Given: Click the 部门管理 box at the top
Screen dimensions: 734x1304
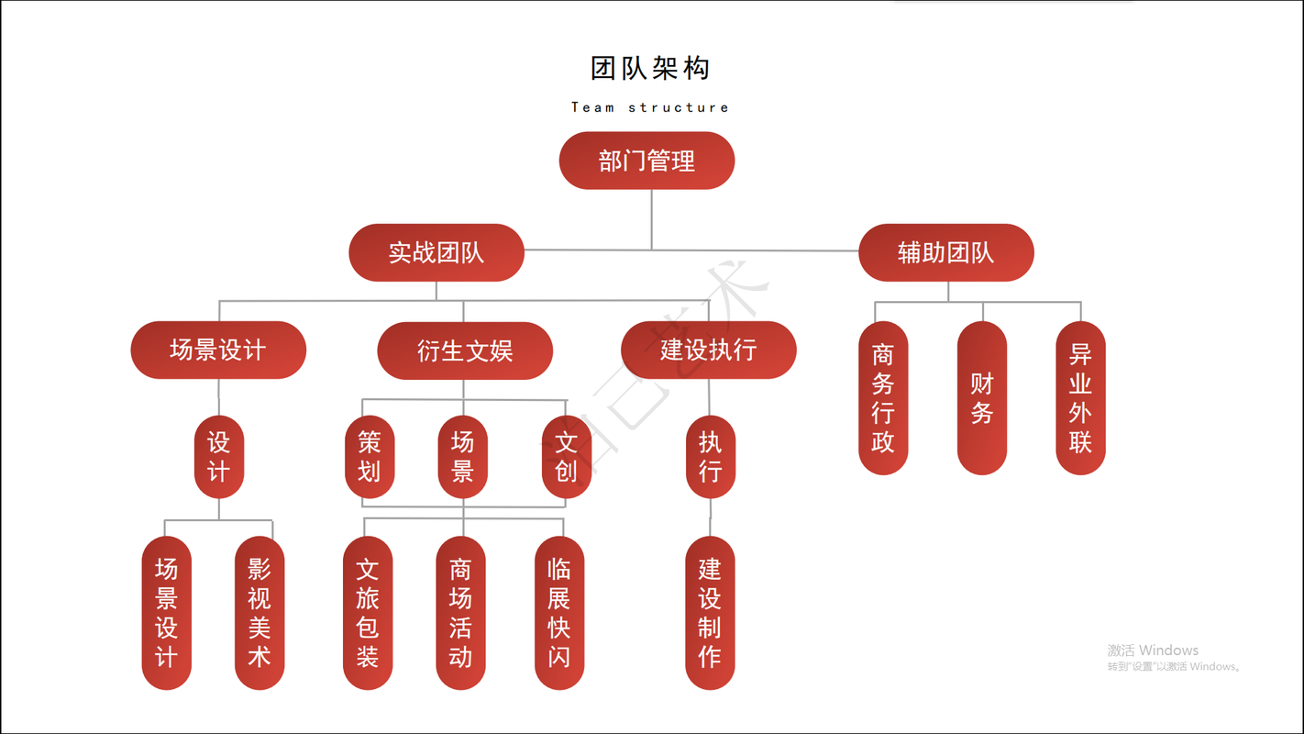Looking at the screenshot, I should click(646, 161).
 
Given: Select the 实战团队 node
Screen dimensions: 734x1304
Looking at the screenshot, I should click(437, 252).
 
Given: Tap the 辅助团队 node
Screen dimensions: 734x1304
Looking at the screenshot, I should click(945, 252).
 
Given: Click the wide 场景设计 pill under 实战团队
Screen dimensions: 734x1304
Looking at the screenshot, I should click(218, 350).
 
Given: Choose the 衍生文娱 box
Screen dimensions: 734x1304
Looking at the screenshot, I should click(465, 350).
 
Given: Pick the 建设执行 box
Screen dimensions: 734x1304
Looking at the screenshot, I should click(708, 350).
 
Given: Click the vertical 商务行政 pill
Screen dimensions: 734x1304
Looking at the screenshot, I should click(883, 397).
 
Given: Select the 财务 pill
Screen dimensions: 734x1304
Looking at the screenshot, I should click(982, 397).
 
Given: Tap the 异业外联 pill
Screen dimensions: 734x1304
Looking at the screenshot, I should click(1080, 397).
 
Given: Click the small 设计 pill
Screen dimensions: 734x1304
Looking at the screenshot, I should click(219, 457).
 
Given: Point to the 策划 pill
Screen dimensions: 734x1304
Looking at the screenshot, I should click(369, 457).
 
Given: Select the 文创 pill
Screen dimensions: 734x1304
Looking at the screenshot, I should click(566, 457).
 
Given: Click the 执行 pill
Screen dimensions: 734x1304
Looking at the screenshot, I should click(711, 457).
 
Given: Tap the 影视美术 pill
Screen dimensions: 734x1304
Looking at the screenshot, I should click(260, 613).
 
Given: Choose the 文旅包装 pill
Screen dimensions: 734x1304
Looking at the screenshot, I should click(368, 613).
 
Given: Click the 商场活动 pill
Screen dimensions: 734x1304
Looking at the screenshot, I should click(460, 613).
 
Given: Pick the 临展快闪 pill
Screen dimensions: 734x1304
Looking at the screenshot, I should click(558, 613).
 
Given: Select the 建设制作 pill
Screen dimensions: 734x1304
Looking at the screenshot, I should click(710, 613).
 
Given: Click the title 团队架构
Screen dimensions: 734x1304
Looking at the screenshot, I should click(649, 68).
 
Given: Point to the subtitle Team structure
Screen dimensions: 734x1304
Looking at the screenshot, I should click(649, 107).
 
